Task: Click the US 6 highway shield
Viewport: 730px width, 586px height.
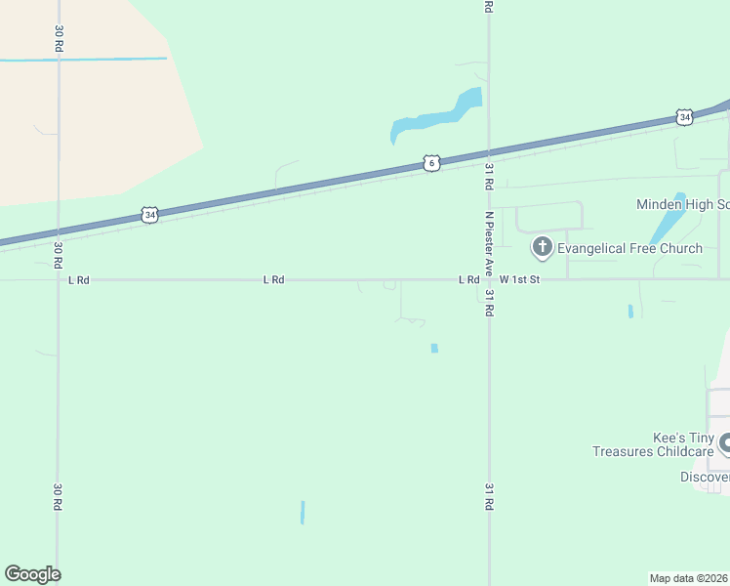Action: click(x=431, y=163)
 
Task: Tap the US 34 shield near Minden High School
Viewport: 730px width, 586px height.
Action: click(x=684, y=117)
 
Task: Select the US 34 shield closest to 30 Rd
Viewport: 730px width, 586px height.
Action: click(x=148, y=214)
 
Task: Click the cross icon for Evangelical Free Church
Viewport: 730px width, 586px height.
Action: click(x=542, y=247)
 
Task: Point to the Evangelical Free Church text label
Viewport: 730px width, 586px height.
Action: click(x=629, y=248)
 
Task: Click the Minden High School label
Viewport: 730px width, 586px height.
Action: click(x=682, y=205)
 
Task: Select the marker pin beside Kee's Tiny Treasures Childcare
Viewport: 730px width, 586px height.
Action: click(x=724, y=445)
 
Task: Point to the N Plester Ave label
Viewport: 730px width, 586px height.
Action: click(x=489, y=241)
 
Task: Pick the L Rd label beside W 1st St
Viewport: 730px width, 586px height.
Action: click(x=468, y=279)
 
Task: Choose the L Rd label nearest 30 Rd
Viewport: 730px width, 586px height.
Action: click(x=79, y=280)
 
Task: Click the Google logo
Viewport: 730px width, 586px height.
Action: click(x=32, y=574)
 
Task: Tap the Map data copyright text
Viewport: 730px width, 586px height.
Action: click(x=688, y=578)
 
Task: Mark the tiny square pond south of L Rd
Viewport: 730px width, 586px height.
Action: click(x=434, y=348)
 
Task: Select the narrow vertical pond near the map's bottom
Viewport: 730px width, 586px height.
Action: click(x=303, y=512)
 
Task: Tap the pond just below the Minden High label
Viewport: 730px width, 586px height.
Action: click(x=669, y=220)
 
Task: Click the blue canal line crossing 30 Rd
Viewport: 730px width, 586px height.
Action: click(x=98, y=60)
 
